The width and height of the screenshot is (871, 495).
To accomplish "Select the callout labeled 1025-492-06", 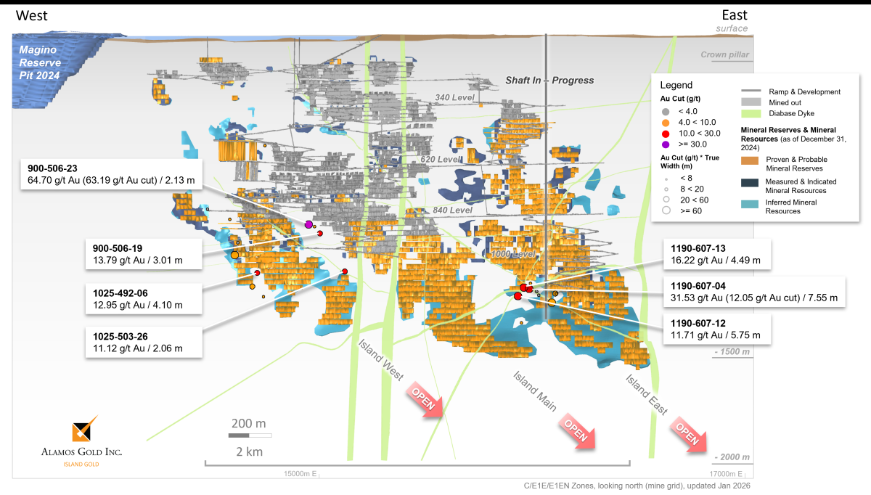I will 143,299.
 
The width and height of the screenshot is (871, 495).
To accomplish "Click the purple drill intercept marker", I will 308,224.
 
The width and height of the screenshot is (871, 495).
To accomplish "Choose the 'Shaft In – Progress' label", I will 549,81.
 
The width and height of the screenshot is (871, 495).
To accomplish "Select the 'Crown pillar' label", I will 724,55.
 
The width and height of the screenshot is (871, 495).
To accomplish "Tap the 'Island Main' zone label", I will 534,391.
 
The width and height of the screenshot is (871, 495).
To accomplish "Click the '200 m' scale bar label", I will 249,423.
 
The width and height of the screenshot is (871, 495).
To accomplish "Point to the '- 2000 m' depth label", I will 731,457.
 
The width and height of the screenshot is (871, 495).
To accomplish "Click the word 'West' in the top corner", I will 33,15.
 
